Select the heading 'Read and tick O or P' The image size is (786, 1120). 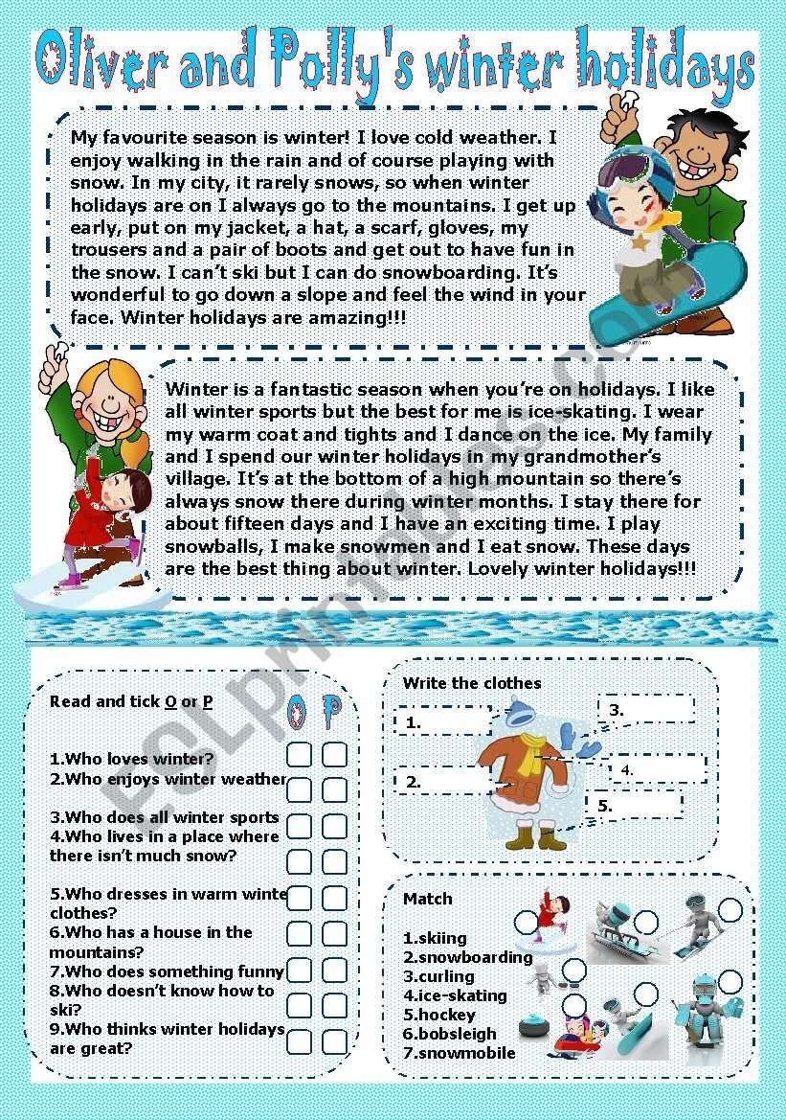tap(131, 701)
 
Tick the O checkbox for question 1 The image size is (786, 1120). tap(300, 755)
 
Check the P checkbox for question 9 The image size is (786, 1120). tap(334, 1041)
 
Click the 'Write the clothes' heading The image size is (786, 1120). tap(472, 683)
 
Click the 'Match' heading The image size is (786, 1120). tap(427, 899)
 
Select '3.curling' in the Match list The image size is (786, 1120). tap(438, 976)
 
